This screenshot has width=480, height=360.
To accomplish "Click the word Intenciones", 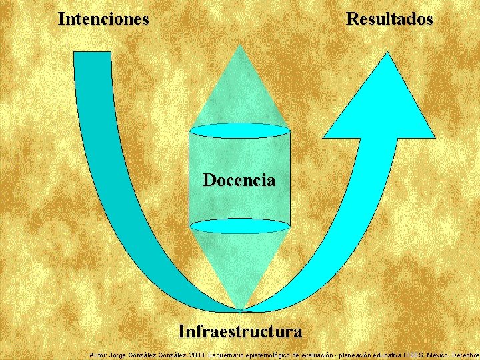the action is [103, 19].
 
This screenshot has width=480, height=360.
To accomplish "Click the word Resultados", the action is [389, 19].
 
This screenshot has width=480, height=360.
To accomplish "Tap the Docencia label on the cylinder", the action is [239, 180].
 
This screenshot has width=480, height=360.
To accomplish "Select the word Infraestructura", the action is [239, 331].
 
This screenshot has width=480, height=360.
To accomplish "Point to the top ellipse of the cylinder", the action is [240, 130].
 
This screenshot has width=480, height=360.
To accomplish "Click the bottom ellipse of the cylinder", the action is [240, 226].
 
